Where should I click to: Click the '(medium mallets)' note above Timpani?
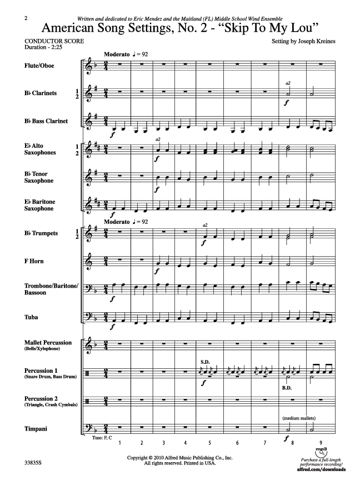tap(299, 418)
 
